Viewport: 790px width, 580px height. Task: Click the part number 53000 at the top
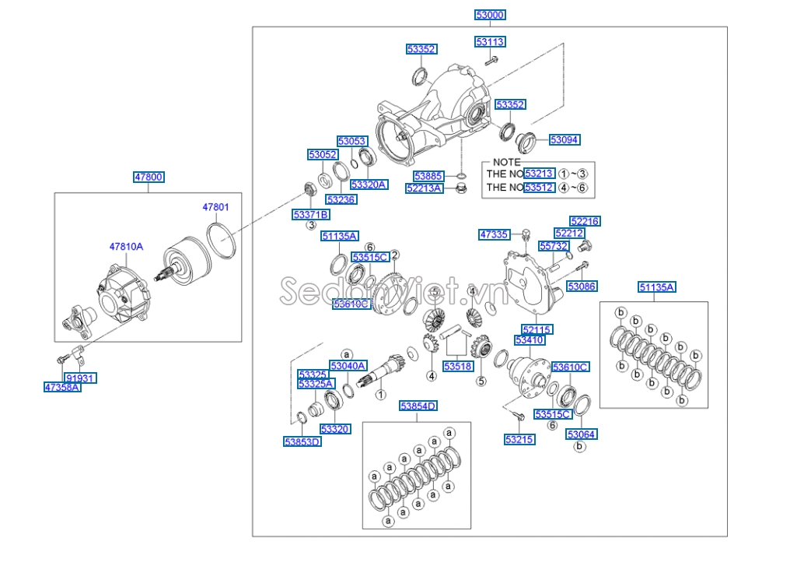tap(490, 15)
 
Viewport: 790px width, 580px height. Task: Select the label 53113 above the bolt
tap(490, 42)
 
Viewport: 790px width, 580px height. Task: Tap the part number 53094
tap(565, 140)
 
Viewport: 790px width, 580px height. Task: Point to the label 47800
tap(148, 178)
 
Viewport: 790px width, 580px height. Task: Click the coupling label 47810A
tap(126, 246)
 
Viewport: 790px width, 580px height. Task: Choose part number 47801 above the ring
tap(216, 207)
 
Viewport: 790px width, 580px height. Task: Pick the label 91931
tap(80, 378)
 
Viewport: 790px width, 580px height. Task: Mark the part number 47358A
tap(62, 387)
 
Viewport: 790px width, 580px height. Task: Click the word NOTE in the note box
tap(507, 162)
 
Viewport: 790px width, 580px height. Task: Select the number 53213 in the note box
tap(539, 174)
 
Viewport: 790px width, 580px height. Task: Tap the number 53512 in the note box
tap(539, 188)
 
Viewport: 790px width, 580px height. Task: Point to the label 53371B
tap(310, 214)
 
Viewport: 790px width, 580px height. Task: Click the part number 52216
tap(585, 221)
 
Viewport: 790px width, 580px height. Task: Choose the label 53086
tap(581, 286)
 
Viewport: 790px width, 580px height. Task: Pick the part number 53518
tap(458, 366)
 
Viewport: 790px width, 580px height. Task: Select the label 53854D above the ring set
tap(418, 406)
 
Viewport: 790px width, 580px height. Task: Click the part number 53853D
tap(302, 441)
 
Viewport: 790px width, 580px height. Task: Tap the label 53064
tap(582, 434)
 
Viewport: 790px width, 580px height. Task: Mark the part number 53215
tap(519, 440)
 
